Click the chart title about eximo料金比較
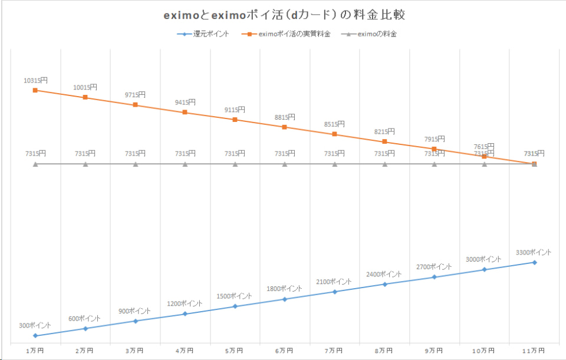(x=282, y=14)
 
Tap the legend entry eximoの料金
(x=377, y=34)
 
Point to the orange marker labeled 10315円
(x=35, y=90)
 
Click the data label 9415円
(x=185, y=103)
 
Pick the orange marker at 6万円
(x=285, y=127)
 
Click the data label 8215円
(x=384, y=132)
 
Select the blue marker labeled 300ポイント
(x=35, y=336)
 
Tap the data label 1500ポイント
(x=234, y=296)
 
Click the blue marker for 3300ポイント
(x=534, y=262)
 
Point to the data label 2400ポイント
(x=384, y=275)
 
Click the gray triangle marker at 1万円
(x=35, y=164)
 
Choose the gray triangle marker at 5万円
(x=235, y=164)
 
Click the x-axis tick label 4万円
(x=185, y=351)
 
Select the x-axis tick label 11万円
(x=534, y=351)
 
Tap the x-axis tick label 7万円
(x=334, y=351)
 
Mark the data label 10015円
(x=85, y=88)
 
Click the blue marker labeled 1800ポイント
(x=285, y=299)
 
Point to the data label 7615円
(x=484, y=147)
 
